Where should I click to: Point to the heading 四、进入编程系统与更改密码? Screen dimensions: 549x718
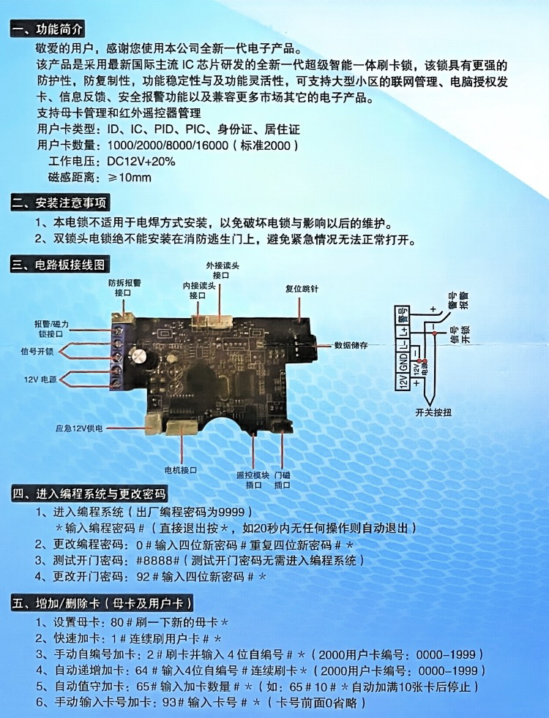90,494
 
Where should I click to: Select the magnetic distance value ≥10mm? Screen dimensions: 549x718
130,178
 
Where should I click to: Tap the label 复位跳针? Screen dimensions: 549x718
302,289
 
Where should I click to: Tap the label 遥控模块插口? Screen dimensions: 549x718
253,480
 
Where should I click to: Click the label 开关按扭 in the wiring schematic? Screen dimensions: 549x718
433,412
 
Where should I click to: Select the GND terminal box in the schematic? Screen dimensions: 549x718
403,364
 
